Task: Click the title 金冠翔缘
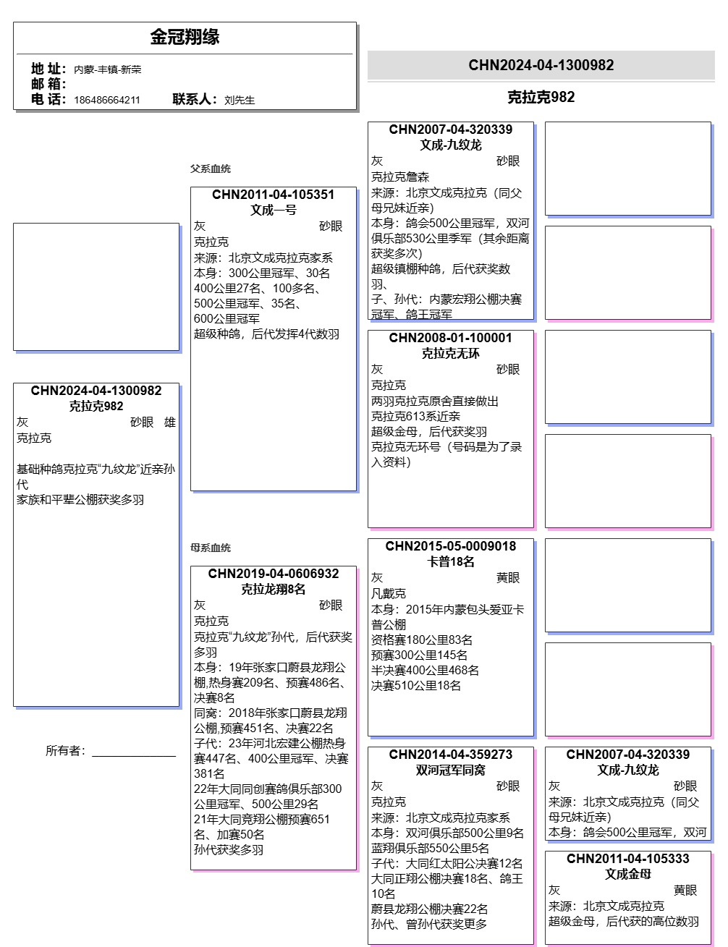point(185,37)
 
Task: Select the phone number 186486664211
point(107,100)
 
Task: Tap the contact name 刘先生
point(240,100)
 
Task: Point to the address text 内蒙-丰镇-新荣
point(108,69)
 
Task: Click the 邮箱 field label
point(48,84)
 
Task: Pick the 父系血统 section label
point(211,169)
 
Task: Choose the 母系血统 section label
point(211,548)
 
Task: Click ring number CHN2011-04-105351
point(274,195)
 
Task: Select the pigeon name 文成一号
point(274,210)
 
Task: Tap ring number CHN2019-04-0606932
point(274,574)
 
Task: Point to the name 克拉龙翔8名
point(274,589)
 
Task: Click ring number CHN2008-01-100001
point(450,338)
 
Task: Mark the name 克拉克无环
point(450,353)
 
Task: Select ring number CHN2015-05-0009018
point(450,546)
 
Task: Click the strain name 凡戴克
point(389,593)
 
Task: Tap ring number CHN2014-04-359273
point(450,755)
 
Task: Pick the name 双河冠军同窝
point(450,770)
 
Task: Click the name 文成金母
point(628,874)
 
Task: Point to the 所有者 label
point(66,750)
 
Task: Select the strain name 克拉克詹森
point(400,177)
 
